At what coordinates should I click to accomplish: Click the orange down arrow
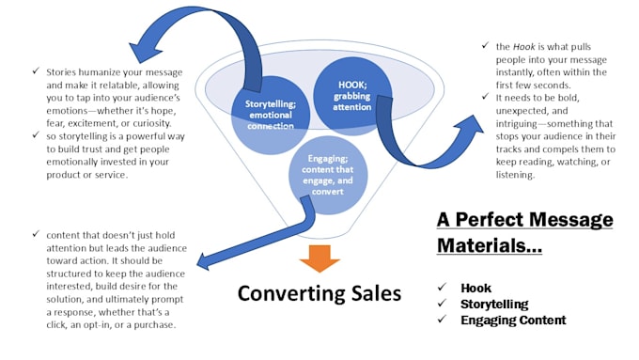tap(319, 258)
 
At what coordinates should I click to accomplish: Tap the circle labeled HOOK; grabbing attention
tap(352, 96)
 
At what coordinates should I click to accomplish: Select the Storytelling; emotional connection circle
tap(271, 115)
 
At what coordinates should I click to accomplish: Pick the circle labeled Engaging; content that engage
tap(328, 176)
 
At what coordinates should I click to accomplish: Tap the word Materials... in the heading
tap(490, 246)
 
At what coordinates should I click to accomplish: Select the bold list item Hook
tap(476, 288)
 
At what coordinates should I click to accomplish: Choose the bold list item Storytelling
tap(494, 305)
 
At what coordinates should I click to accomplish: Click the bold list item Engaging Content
tap(513, 320)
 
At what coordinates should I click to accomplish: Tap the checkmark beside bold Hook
tap(443, 287)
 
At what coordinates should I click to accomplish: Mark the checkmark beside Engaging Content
tap(443, 319)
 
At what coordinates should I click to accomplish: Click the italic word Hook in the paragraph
tap(523, 47)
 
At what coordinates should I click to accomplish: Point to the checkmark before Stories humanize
tap(36, 70)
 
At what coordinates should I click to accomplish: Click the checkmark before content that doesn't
tap(36, 234)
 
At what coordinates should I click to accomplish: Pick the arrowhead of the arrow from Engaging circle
tap(204, 261)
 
